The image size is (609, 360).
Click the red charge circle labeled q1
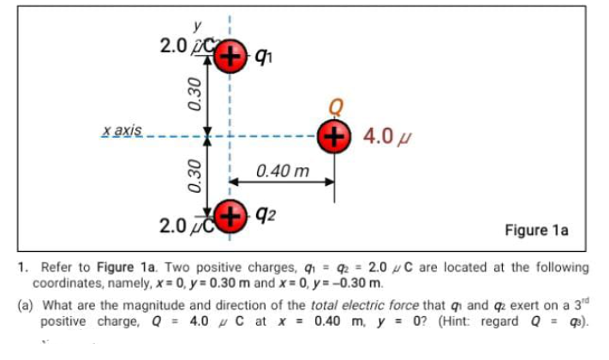[x=229, y=57]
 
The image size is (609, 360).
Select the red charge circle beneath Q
[x=333, y=135]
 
